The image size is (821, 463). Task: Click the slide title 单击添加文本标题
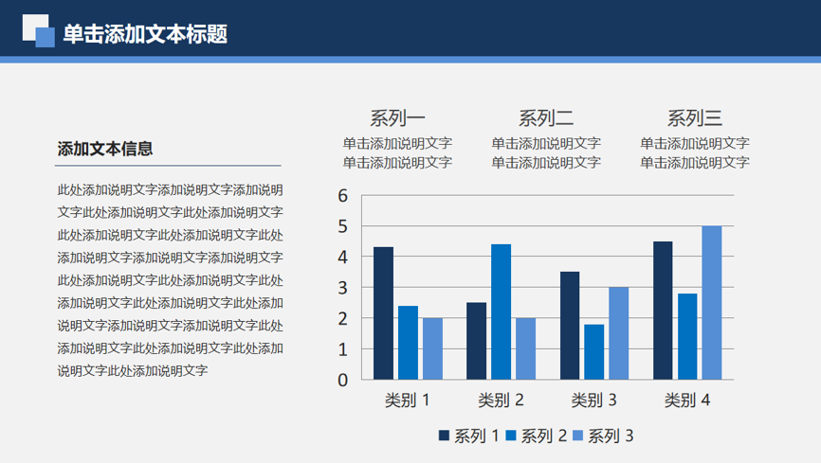click(x=145, y=34)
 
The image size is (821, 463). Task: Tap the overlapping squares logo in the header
click(x=38, y=30)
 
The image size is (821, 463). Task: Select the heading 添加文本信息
click(x=104, y=149)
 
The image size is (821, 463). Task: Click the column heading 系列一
click(x=397, y=118)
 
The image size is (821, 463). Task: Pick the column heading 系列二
click(x=546, y=118)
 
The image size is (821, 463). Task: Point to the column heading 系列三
click(x=695, y=118)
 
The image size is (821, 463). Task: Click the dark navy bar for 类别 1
click(x=383, y=313)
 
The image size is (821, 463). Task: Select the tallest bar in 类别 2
click(x=502, y=312)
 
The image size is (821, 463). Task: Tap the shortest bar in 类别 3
click(x=594, y=352)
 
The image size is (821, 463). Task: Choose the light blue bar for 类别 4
click(x=712, y=303)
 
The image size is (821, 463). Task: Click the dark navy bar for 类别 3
click(x=570, y=326)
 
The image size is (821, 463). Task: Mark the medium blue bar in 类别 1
click(x=408, y=343)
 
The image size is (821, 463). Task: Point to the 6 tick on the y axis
click(x=343, y=196)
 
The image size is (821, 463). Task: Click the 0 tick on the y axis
click(x=343, y=381)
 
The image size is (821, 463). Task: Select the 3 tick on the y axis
click(x=343, y=288)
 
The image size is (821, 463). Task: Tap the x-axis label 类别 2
click(x=501, y=401)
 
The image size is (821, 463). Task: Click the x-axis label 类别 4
click(x=687, y=401)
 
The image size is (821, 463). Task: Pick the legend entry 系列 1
click(x=468, y=436)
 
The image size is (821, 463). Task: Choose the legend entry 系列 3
click(x=603, y=436)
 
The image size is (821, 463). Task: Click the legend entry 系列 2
click(x=537, y=436)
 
